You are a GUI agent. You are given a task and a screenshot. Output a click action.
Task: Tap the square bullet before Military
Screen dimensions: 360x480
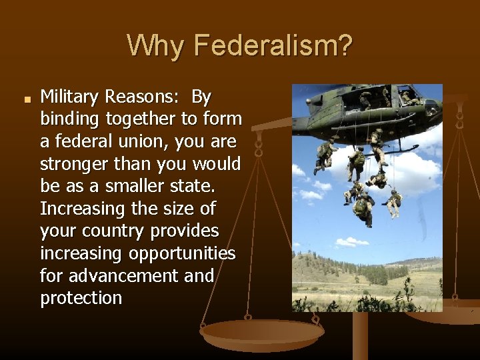tap(27, 100)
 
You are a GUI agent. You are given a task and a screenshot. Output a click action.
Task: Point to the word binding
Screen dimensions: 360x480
tap(68, 120)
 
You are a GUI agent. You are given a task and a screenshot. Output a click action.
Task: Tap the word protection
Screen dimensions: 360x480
tap(81, 298)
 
